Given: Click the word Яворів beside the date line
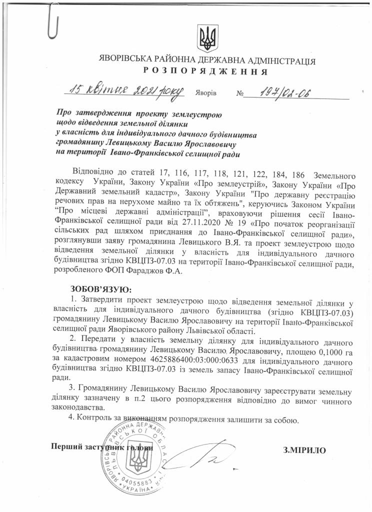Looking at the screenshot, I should [x=206, y=93].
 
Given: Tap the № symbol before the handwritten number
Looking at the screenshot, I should [x=239, y=93].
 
